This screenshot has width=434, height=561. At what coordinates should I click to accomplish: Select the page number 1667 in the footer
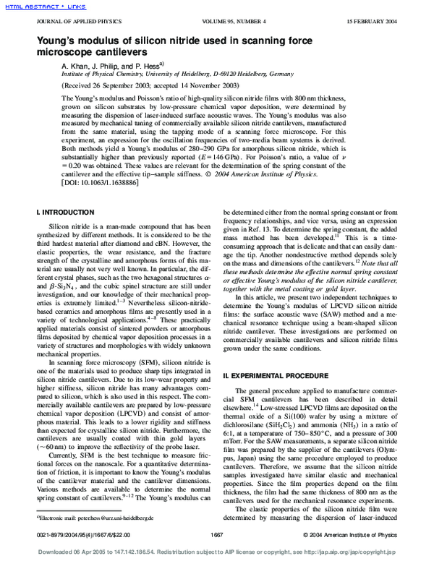tap(216, 535)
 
